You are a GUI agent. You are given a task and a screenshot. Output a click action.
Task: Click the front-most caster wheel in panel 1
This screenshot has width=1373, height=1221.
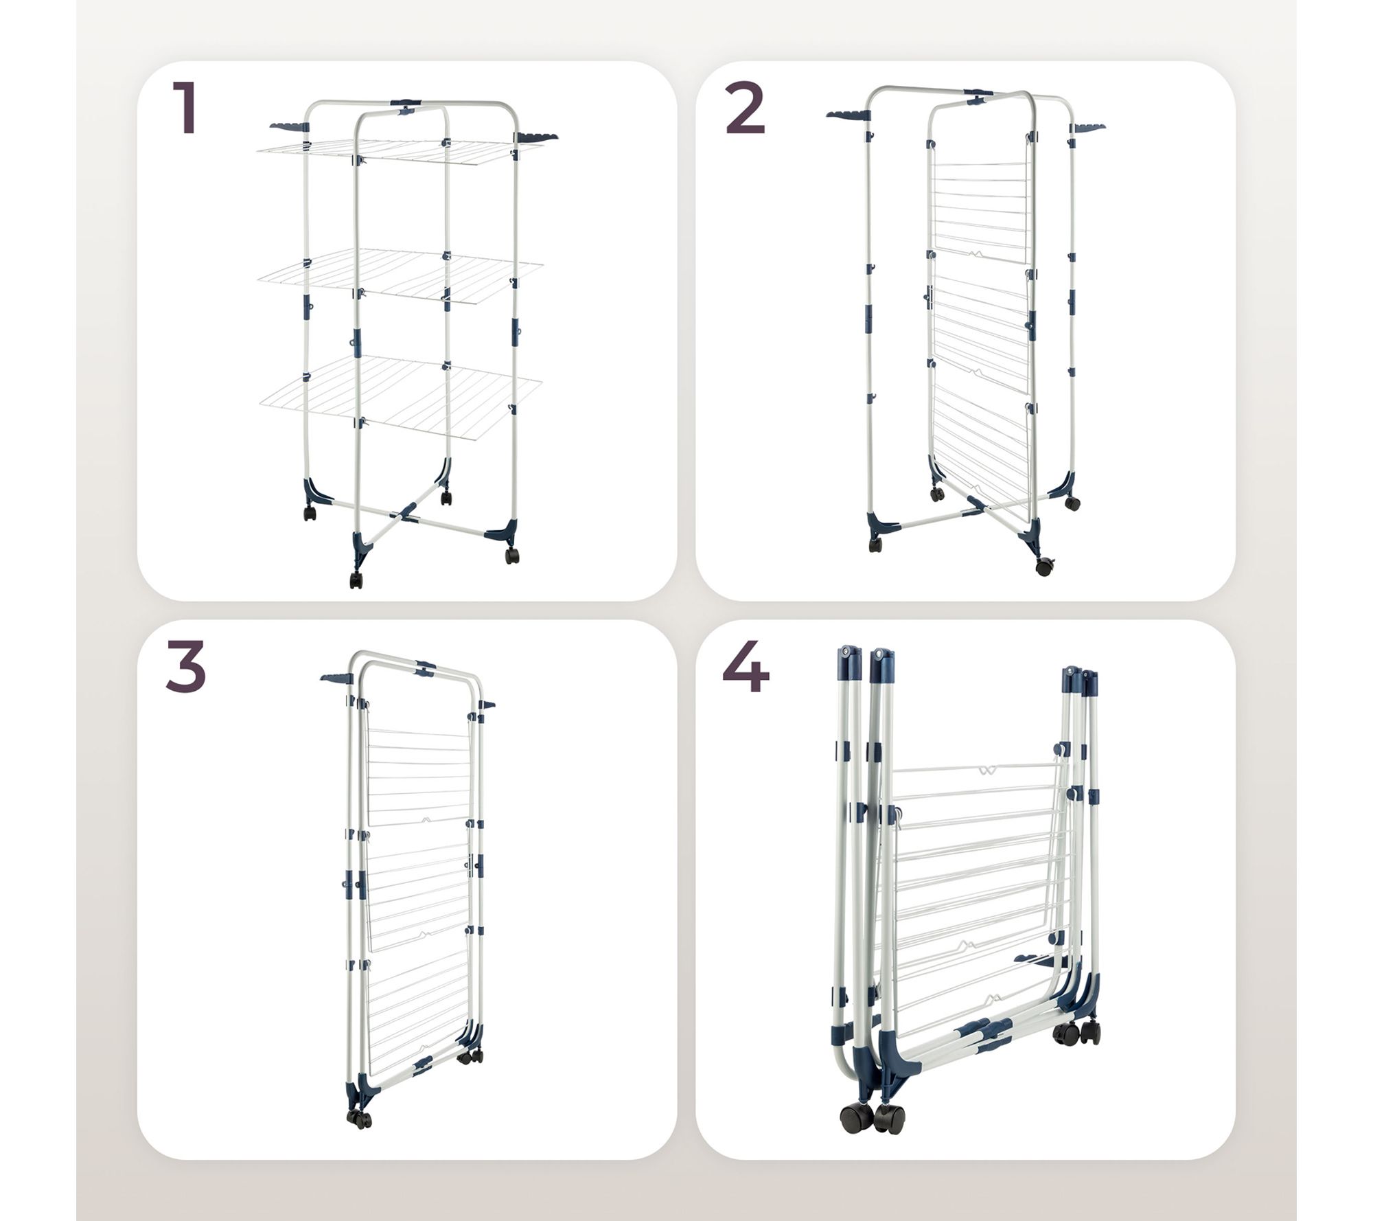356,580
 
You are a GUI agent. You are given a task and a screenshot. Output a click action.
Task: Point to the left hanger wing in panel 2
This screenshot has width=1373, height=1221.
848,114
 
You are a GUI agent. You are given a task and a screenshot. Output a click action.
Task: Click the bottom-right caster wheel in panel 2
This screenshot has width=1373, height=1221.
1044,567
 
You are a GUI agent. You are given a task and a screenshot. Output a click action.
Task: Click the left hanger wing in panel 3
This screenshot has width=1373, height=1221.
336,679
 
